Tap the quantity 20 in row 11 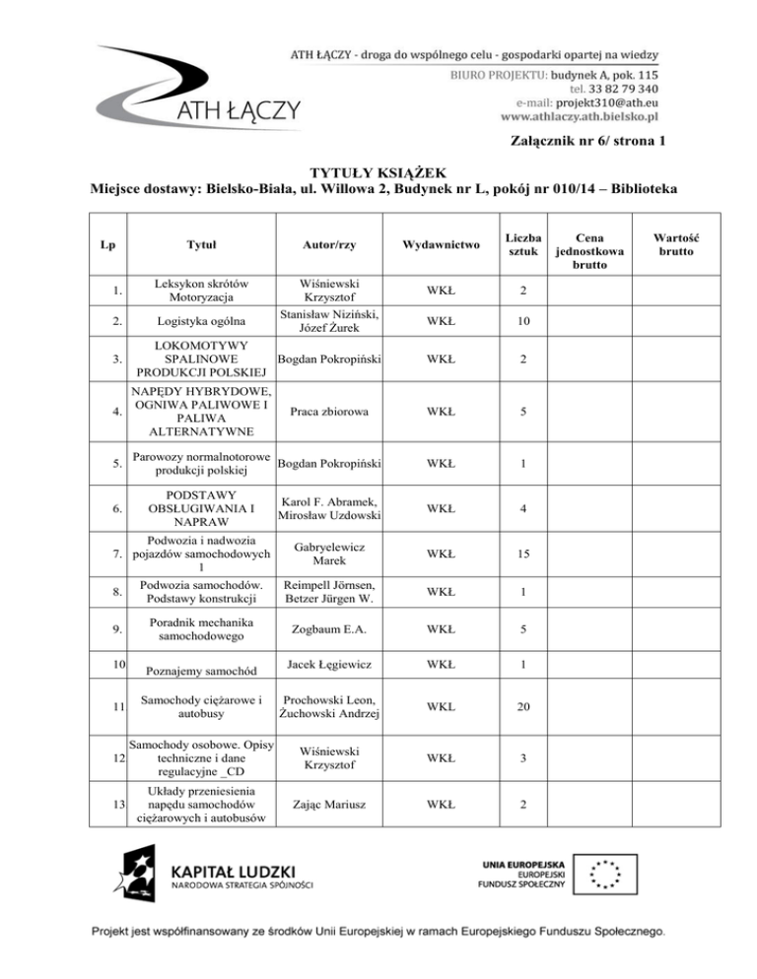point(525,708)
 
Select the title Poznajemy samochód point(206,672)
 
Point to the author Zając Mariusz point(330,804)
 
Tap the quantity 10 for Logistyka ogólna point(525,320)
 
